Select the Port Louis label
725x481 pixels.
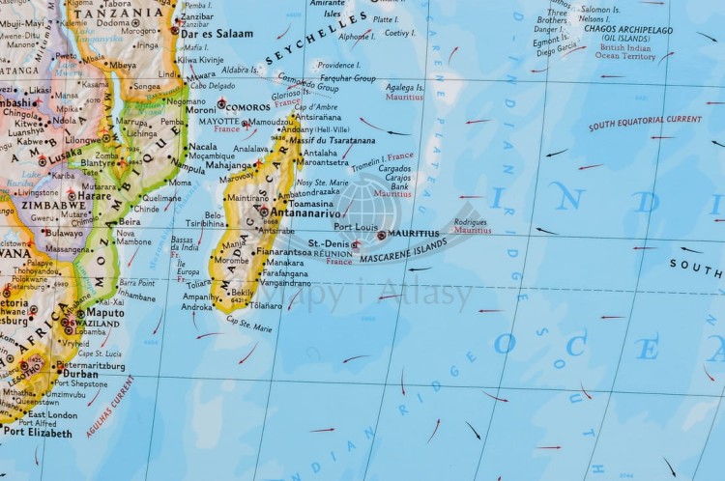pyautogui.click(x=356, y=227)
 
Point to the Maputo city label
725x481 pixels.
pyautogui.click(x=105, y=313)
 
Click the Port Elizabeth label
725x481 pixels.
pyautogui.click(x=39, y=433)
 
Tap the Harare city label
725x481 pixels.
pyautogui.click(x=94, y=195)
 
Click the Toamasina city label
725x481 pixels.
pyautogui.click(x=310, y=205)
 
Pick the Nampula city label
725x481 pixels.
pyautogui.click(x=188, y=168)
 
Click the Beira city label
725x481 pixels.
pyautogui.click(x=130, y=221)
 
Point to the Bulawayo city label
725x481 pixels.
pyautogui.click(x=64, y=233)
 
